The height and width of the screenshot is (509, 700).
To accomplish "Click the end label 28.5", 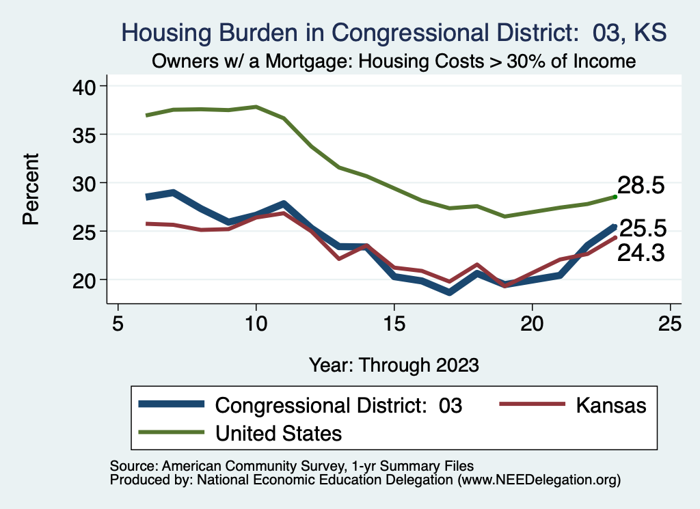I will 641,185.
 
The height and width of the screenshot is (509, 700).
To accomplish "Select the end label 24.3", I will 641,253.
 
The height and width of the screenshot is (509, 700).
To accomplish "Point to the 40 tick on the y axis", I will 85,86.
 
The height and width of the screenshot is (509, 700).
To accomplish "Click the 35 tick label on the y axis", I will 85,135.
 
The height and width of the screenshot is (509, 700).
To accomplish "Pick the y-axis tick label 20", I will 85,280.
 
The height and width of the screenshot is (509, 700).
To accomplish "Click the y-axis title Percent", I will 29,189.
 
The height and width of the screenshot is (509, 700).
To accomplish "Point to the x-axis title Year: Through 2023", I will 394,364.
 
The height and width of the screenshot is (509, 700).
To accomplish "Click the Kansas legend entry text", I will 610,405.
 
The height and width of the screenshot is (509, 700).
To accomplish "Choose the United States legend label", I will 278,432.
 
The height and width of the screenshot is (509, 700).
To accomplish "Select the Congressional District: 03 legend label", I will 338,405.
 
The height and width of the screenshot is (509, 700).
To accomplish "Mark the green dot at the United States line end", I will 615,197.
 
